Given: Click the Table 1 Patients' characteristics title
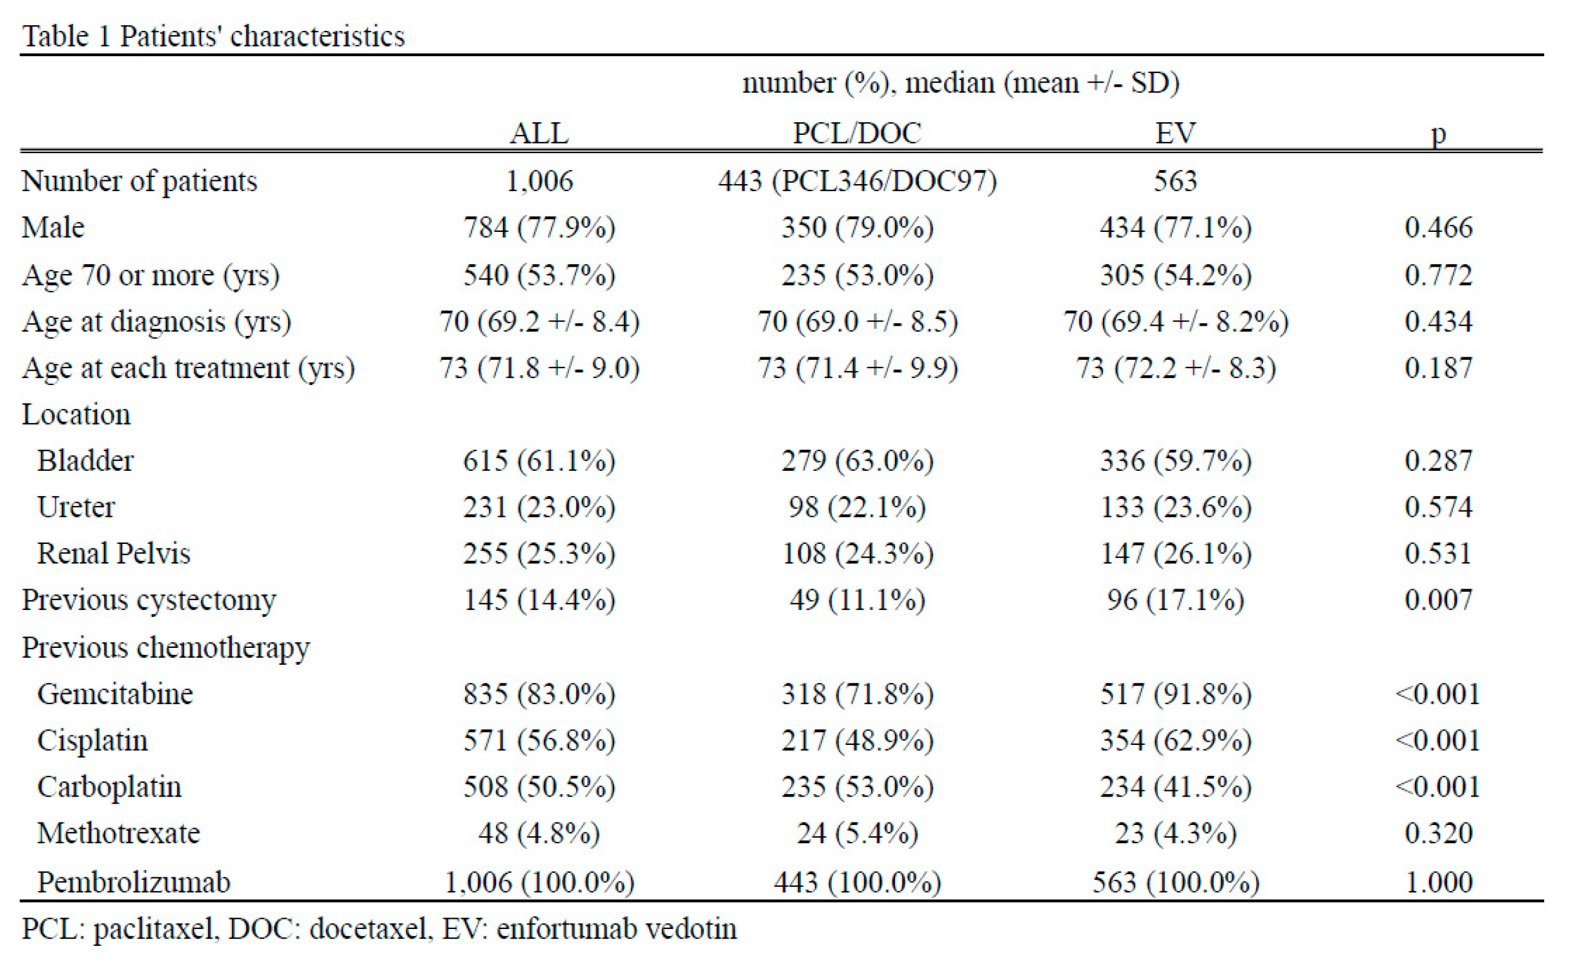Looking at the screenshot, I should tap(213, 36).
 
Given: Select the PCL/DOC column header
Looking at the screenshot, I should tap(857, 133).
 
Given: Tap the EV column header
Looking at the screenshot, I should tap(1175, 133).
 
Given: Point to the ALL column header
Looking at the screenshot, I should tap(539, 133).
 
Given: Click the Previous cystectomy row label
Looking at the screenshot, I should tap(149, 600).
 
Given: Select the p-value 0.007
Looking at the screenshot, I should tap(1438, 600).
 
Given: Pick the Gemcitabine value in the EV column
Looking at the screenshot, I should tap(1175, 694).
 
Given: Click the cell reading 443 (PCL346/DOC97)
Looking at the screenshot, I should tap(857, 181).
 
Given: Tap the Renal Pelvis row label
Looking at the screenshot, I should tap(113, 553).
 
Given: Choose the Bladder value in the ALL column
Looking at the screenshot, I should tap(539, 461).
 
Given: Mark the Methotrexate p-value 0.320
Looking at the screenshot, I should tap(1438, 833).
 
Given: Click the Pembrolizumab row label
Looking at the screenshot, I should tap(133, 882).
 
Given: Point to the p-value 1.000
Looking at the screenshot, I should tap(1438, 882).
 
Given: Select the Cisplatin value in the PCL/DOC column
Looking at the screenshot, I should tap(857, 741).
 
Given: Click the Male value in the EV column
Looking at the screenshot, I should tap(1175, 228).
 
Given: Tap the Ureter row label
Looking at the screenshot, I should tap(76, 507).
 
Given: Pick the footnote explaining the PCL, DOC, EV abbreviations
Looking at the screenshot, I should tap(379, 928).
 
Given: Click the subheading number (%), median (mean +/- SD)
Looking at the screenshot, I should tap(960, 83).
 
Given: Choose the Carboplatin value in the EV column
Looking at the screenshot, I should tap(1175, 787).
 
